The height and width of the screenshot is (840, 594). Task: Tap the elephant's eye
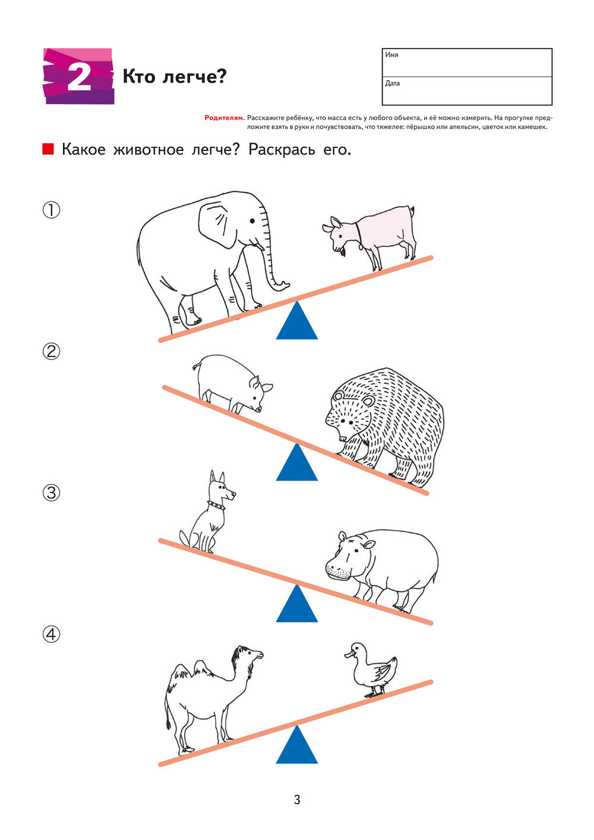252,221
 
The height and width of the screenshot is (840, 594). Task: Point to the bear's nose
342,437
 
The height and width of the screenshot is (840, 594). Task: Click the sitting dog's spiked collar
216,505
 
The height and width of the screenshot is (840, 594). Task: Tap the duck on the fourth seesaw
371,669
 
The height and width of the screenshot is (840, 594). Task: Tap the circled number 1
51,210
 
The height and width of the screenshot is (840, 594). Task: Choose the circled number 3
51,493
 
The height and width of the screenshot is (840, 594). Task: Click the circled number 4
51,634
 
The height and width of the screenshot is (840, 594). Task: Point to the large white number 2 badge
79,76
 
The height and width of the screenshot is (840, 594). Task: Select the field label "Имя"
391,55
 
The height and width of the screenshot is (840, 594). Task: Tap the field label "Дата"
393,83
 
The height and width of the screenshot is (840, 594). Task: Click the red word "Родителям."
225,118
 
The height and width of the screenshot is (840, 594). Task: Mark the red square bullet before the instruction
48,149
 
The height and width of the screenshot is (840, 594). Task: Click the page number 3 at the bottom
297,800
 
